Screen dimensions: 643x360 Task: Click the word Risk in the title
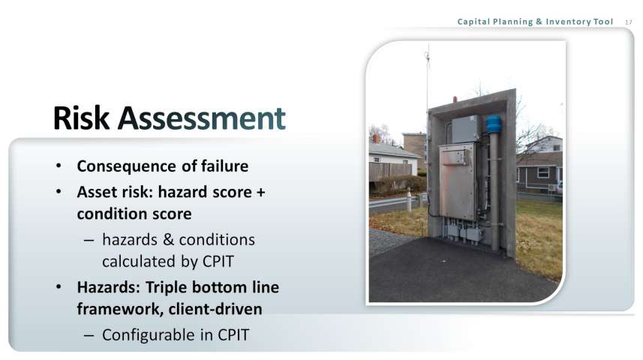tap(81, 118)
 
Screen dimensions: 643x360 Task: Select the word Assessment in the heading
tap(201, 118)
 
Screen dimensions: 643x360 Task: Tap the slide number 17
tap(629, 22)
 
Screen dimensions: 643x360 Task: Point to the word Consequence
tap(127, 166)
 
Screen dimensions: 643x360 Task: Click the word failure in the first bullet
tap(225, 166)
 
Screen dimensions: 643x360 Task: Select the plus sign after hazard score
tap(261, 192)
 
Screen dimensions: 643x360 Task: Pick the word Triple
tap(167, 287)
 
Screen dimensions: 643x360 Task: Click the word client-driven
tap(215, 309)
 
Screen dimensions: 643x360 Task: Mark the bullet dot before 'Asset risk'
tap(59, 191)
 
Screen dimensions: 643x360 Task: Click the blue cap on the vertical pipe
tap(494, 124)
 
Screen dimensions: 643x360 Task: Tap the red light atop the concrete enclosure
tap(455, 99)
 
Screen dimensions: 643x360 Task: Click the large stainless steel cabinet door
tap(457, 181)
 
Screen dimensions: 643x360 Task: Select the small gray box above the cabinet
tap(464, 129)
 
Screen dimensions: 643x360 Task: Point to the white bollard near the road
tap(409, 200)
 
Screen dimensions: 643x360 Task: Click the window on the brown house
tap(543, 172)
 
